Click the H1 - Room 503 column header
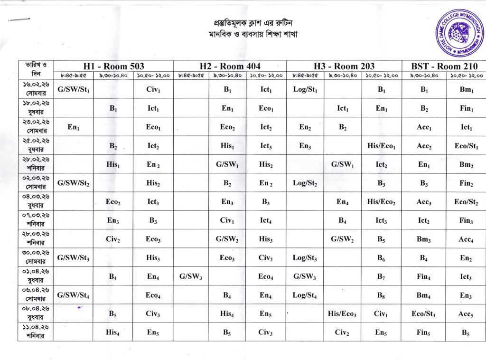pyautogui.click(x=113, y=66)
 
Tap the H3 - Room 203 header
pyautogui.click(x=344, y=66)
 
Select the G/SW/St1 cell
pyautogui.click(x=74, y=89)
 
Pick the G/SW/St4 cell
pyautogui.click(x=74, y=295)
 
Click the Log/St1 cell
pyautogui.click(x=305, y=89)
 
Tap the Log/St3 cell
pyautogui.click(x=305, y=258)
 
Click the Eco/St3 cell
pyautogui.click(x=423, y=314)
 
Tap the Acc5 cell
pyautogui.click(x=466, y=314)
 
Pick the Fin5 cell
pyautogui.click(x=423, y=332)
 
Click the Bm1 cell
pyautogui.click(x=466, y=89)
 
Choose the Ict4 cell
pyautogui.click(x=266, y=220)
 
